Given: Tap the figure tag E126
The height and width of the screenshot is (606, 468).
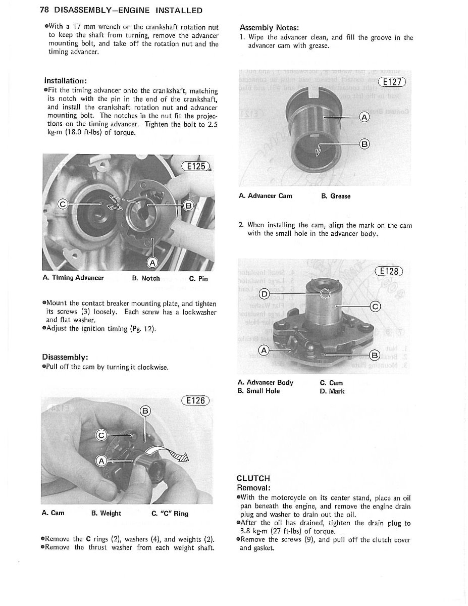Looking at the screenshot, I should tap(194, 401).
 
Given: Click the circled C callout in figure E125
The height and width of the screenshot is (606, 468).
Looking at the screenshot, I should tap(63, 205).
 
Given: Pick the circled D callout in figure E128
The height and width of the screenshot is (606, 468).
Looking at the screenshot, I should tap(264, 293).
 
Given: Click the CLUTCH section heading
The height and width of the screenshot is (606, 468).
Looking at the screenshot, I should tap(253, 478).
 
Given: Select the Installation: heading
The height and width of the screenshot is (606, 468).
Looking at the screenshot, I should tap(66, 81).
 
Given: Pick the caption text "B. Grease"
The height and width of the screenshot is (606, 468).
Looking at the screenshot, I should tap(336, 196).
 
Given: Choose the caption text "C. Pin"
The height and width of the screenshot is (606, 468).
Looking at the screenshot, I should tap(198, 278).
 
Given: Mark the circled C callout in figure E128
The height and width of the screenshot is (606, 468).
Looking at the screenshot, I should tap(375, 307).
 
